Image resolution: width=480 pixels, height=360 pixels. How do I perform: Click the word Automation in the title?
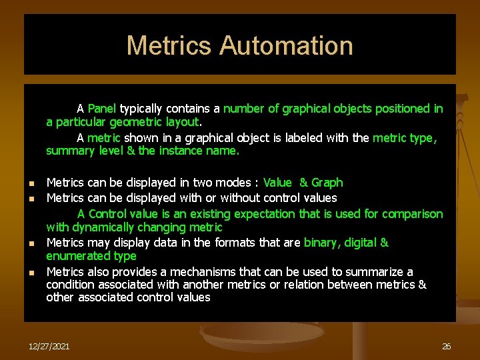pos(286,45)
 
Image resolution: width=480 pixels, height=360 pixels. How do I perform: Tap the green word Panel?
pos(102,109)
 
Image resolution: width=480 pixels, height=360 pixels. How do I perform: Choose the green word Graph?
pos(327,183)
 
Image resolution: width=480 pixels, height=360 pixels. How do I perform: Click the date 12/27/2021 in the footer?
pos(50,347)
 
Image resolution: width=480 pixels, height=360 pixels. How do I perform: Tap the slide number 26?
pos(447,347)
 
